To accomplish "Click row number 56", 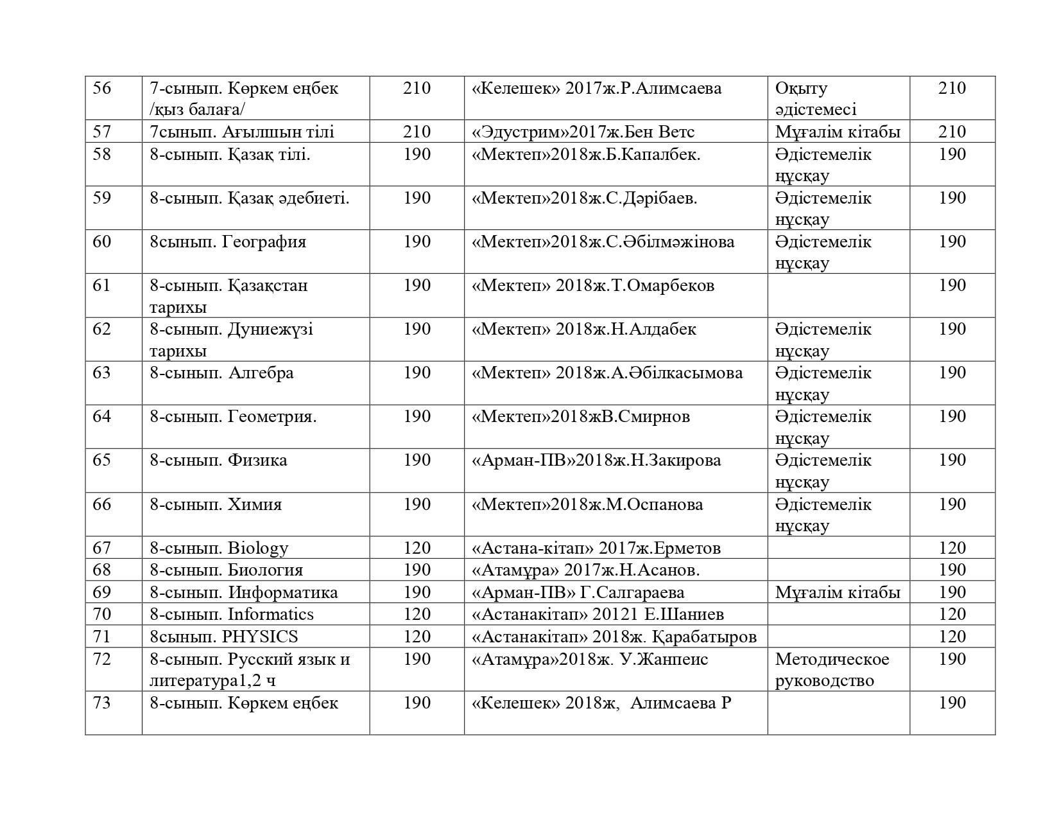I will tap(102, 88).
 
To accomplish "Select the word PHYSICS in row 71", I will tap(260, 637).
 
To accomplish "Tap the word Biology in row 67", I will tap(258, 548).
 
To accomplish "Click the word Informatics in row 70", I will tap(271, 615).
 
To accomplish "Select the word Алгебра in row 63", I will tap(261, 373).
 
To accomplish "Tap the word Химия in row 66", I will tap(255, 504).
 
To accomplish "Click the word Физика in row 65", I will tap(257, 461).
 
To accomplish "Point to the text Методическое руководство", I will tap(832, 669).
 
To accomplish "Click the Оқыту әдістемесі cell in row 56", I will tap(815, 98).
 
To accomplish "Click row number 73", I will tap(102, 703).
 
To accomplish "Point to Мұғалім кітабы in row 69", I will tap(838, 592).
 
